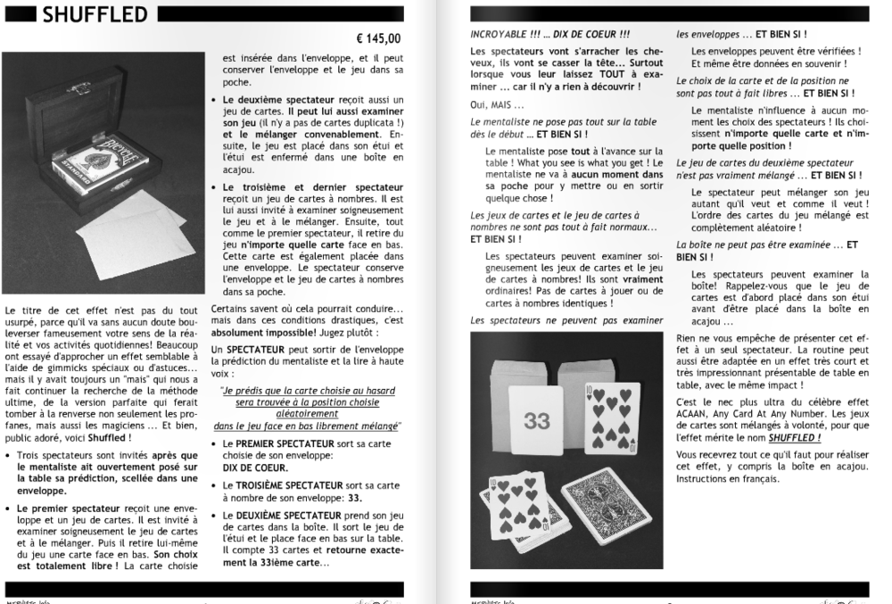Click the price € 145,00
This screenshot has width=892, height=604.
click(378, 38)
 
